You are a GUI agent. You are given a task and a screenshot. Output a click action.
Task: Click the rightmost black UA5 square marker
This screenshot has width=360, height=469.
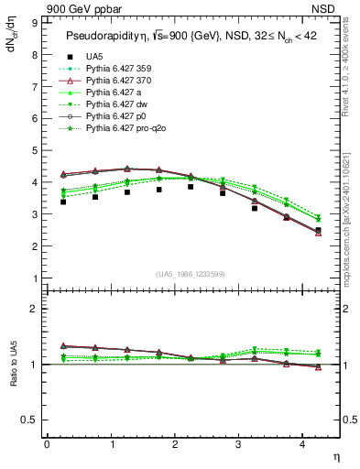pyautogui.click(x=318, y=231)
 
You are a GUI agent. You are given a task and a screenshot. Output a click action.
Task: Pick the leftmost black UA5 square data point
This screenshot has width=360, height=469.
pyautogui.click(x=62, y=202)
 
